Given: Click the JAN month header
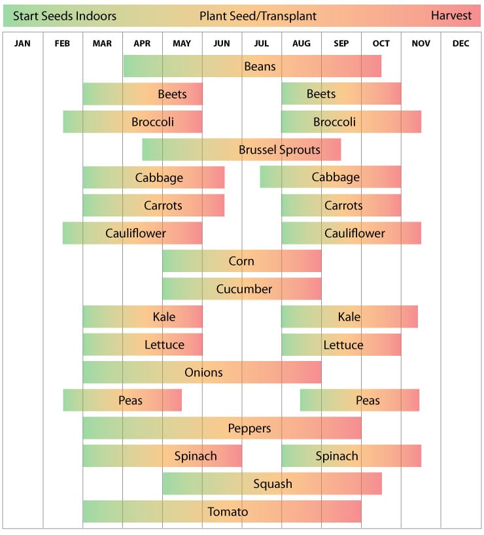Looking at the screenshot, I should (22, 43).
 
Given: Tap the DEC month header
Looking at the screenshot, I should (460, 43).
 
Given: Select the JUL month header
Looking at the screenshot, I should (261, 43).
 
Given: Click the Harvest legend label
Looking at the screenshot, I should (451, 16).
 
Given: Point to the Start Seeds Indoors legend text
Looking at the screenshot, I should (65, 16).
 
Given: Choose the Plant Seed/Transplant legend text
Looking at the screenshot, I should (258, 16).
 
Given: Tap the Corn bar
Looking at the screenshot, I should (241, 261).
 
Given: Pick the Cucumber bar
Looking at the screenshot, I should (241, 288).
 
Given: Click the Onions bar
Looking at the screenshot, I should (202, 372).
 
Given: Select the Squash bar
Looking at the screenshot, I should (272, 483).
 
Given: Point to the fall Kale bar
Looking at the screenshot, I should (349, 317).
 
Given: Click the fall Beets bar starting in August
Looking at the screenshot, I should (341, 94).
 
